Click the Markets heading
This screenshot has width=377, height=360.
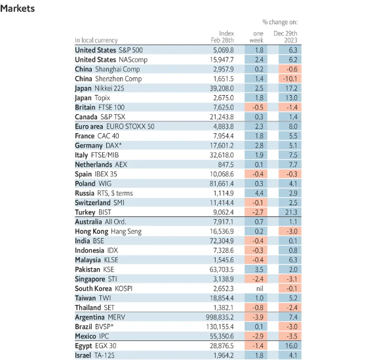(x=17, y=9)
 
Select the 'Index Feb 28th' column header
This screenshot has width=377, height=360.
(x=222, y=37)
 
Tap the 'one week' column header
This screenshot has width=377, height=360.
(x=256, y=37)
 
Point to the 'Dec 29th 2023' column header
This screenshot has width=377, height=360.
(x=285, y=37)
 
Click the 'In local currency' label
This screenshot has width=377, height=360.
(x=96, y=40)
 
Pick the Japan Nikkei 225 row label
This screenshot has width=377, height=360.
(x=100, y=89)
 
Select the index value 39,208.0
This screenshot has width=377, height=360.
(x=222, y=89)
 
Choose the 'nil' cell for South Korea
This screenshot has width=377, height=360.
(x=260, y=289)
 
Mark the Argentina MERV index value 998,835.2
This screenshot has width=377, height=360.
(x=220, y=317)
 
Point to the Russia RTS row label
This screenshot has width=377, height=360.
(x=104, y=193)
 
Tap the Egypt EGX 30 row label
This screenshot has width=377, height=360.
(x=96, y=346)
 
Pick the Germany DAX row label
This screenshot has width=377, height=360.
(x=98, y=146)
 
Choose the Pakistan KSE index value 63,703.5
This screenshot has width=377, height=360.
(x=222, y=270)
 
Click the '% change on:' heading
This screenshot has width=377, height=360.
(x=280, y=22)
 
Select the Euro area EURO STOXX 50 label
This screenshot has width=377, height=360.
(x=115, y=127)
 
